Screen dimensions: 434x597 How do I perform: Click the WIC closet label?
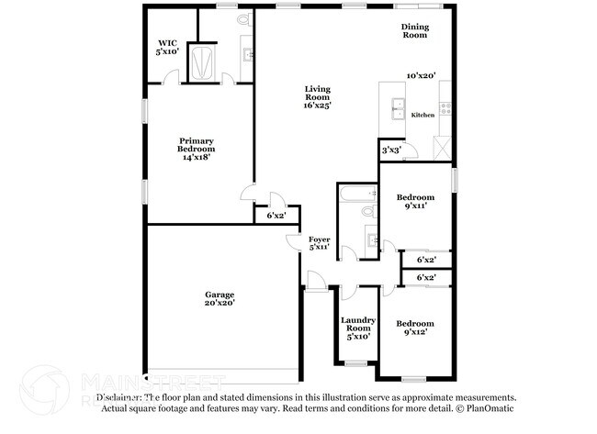(166, 48)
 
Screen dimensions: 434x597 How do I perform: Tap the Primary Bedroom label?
(196, 149)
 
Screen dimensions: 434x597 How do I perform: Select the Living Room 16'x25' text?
(317, 96)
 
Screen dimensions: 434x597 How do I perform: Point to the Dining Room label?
(414, 31)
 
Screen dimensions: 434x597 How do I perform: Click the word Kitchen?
(422, 115)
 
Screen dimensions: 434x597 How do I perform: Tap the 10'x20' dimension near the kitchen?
(421, 76)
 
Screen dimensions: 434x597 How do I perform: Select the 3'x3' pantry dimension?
(390, 150)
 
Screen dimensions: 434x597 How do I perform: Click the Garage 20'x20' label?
(220, 298)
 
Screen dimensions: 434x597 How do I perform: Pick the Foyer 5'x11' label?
(319, 243)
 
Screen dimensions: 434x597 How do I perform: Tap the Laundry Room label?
(356, 328)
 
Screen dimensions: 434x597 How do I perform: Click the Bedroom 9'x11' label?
(414, 202)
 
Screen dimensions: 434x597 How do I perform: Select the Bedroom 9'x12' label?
(414, 328)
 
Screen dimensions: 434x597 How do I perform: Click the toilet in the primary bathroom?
(243, 19)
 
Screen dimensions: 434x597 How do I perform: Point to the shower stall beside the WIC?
(200, 61)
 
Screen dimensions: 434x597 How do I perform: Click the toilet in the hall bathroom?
(368, 211)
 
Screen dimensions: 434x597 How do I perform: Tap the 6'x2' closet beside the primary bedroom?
(276, 216)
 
